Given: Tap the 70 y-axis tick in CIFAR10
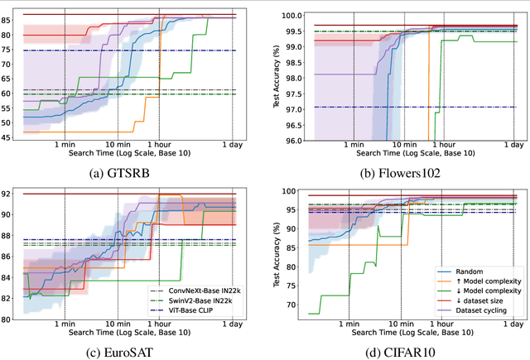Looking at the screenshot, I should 287,305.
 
